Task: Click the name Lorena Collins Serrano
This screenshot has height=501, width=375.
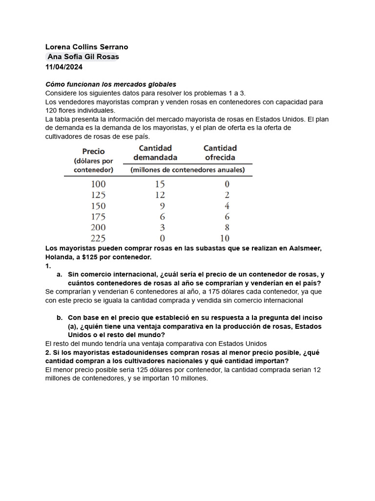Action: [86, 47]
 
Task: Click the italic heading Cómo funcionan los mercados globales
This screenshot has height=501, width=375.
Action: [110, 85]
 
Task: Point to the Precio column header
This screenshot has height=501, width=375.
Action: [93, 152]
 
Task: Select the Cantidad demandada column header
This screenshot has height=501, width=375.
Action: [155, 153]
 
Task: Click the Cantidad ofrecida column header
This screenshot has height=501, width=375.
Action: [220, 153]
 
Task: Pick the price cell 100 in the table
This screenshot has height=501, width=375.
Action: [98, 184]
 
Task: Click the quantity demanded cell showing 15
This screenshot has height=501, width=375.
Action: [160, 184]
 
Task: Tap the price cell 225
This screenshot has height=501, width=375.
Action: [98, 238]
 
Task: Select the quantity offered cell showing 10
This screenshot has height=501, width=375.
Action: [224, 238]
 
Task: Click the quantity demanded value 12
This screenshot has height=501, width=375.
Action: [160, 195]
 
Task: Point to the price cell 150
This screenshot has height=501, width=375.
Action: [98, 206]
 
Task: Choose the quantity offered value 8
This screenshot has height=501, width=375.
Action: [226, 228]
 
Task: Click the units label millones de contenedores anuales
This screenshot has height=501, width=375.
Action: [187, 170]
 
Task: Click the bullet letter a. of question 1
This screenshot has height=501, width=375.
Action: [60, 274]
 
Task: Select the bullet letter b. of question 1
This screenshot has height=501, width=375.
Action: [60, 318]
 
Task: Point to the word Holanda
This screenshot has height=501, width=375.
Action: [59, 257]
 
